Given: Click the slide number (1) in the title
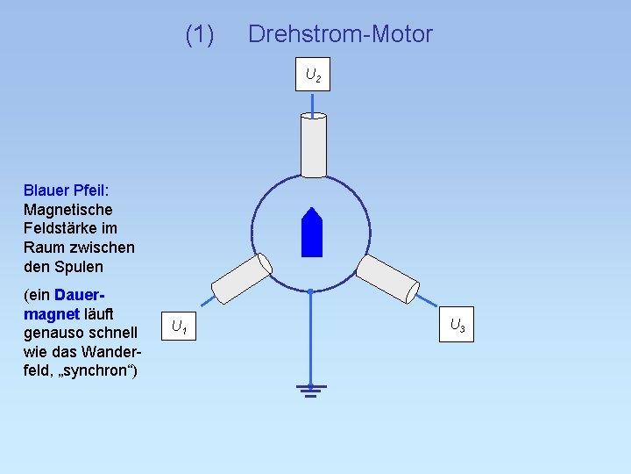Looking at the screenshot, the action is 200,34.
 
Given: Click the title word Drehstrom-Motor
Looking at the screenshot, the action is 340,34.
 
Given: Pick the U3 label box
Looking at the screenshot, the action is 457,325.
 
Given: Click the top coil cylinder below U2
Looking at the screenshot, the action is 314,145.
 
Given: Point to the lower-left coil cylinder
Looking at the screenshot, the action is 242,279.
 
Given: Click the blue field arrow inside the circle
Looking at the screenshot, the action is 312,233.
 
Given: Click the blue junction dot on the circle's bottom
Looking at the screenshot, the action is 311,290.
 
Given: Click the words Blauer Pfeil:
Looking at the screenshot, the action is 66,190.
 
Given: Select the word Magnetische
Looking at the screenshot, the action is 68,210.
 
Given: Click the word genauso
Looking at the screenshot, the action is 57,333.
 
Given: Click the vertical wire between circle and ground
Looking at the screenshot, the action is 311,338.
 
